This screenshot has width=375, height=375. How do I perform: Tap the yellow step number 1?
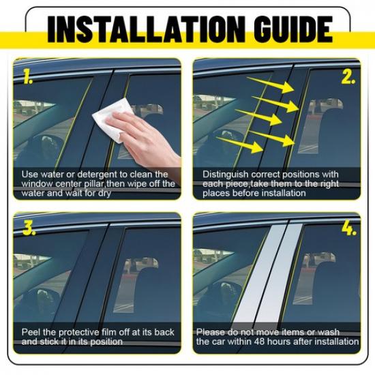(x=27, y=76)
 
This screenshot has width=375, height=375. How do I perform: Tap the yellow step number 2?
(x=348, y=77)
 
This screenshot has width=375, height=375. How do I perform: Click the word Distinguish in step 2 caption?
(x=225, y=175)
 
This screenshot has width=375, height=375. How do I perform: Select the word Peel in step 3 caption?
(x=31, y=332)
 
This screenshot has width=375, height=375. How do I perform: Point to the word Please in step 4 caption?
(x=211, y=332)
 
